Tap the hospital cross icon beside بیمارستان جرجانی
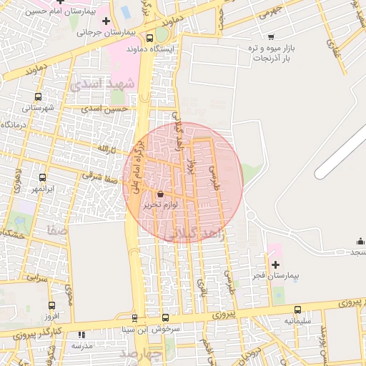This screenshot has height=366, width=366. [x=106, y=21]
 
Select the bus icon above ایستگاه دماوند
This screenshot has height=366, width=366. [x=149, y=39]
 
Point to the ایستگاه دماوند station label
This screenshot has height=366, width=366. [x=150, y=49]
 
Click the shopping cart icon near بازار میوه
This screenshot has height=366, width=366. [x=270, y=36]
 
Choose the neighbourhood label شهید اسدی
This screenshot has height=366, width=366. [x=102, y=84]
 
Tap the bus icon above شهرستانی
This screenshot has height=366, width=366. [x=38, y=97]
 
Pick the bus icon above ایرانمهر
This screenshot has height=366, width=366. [x=42, y=177]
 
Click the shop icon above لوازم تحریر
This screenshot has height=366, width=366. [x=160, y=194]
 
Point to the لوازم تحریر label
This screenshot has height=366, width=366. [x=160, y=204]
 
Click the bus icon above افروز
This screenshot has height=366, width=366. [x=50, y=305]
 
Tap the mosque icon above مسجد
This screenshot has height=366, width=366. [x=360, y=241]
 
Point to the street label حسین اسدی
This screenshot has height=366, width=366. [x=104, y=109]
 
